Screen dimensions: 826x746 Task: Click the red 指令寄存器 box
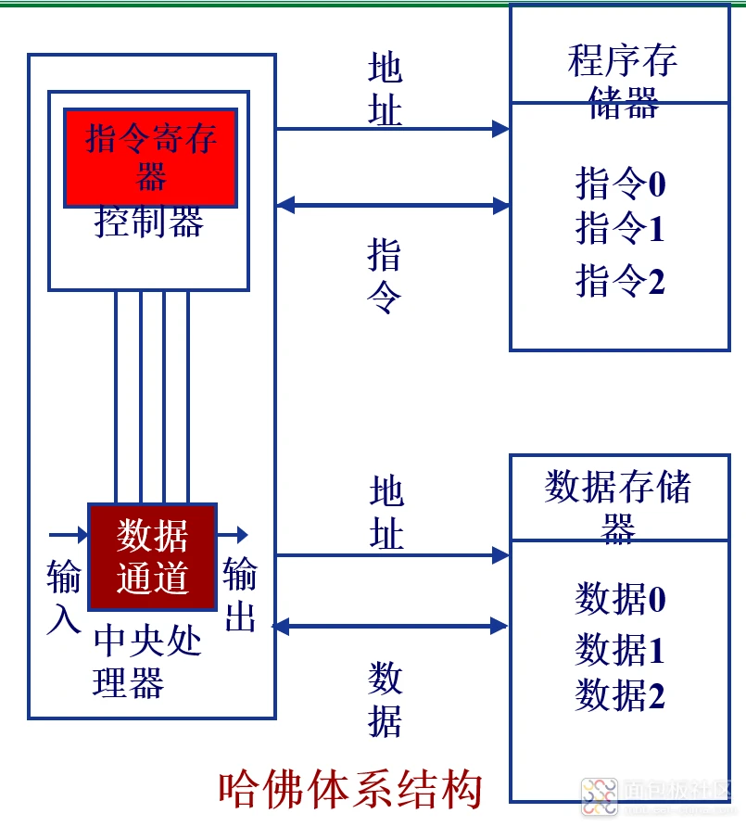149,157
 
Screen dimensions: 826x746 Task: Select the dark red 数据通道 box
152,556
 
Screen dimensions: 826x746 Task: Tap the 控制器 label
149,222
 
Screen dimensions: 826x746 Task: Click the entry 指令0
620,184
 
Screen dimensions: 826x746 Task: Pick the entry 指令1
620,228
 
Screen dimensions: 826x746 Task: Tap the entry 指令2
620,280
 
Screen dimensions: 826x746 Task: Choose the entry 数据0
620,599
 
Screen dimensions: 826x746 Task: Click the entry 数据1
620,650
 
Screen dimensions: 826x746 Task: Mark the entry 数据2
620,695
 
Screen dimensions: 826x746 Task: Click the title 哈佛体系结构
350,790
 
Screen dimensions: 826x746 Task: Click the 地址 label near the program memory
385,90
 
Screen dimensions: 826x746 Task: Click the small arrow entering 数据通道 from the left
67,535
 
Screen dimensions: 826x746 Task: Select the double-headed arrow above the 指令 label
393,205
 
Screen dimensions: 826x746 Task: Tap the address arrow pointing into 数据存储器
393,555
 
